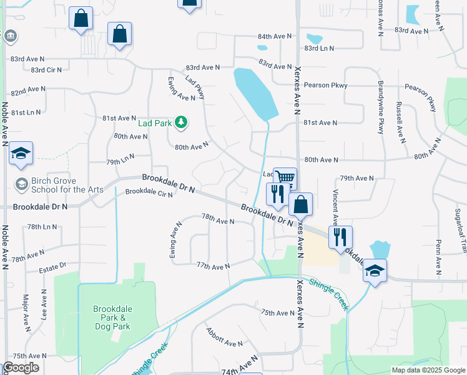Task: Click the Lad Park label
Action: click(154, 123)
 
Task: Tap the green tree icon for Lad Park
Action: click(181, 122)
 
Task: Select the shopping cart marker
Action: click(285, 178)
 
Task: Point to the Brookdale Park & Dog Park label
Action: click(112, 317)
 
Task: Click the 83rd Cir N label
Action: click(46, 69)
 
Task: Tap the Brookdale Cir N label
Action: click(149, 192)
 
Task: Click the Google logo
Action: click(21, 367)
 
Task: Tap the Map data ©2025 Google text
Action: click(428, 370)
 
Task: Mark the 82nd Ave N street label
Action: click(27, 90)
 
